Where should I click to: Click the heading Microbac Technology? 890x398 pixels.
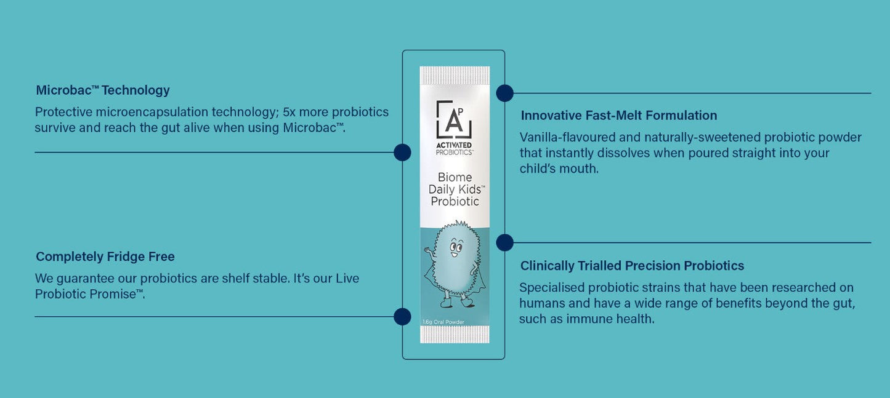103,90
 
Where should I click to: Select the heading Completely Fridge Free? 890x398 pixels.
105,257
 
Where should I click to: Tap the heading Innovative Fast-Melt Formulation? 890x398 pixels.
619,116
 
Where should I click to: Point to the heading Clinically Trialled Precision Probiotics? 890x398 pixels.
632,266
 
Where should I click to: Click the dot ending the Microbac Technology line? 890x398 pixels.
402,153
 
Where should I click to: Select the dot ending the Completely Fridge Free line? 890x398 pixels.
402,317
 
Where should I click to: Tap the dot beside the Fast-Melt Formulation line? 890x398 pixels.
504,93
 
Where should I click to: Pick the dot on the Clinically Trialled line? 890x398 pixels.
504,242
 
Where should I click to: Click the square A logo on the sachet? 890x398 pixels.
454,119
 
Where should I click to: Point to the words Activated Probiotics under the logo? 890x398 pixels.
454,148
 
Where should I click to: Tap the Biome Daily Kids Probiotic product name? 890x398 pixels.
454,189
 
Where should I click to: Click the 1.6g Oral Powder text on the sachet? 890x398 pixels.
443,322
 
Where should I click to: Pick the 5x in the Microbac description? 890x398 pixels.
289,112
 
